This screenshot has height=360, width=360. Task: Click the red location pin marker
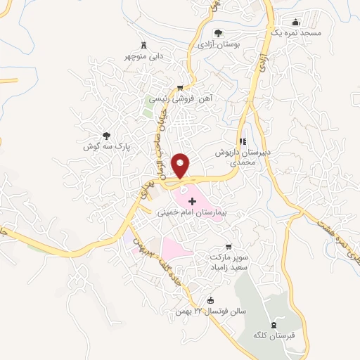point(181,165)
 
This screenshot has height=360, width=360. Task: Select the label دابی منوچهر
point(145,55)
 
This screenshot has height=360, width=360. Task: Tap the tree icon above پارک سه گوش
point(107,135)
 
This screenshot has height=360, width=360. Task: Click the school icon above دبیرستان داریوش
point(243,141)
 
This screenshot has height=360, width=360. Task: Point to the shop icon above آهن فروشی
point(181,88)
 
